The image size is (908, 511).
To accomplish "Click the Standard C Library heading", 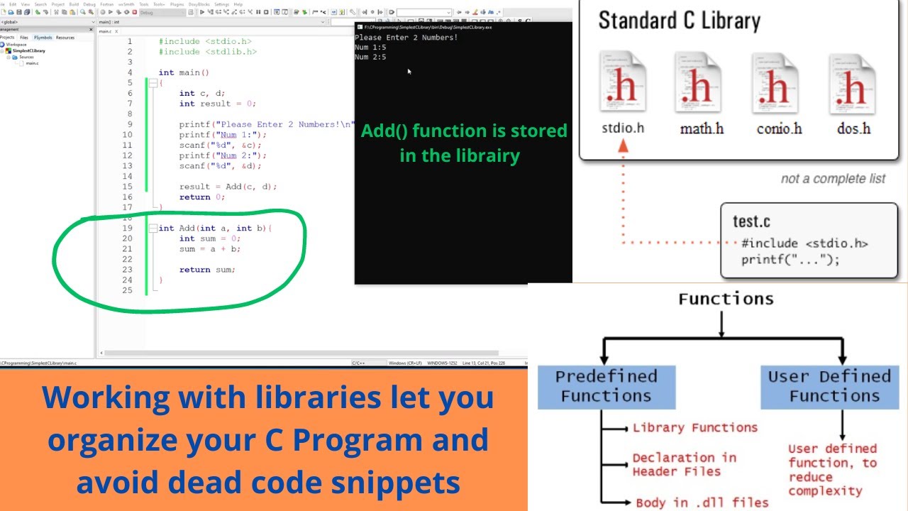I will pos(679,21).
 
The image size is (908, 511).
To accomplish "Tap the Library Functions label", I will pos(694,428).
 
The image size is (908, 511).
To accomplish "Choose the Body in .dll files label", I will pos(702,502).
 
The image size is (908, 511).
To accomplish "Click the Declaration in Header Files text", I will pos(684,464).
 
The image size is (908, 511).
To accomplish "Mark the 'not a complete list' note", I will pos(833,179).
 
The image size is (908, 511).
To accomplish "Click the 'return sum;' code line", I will pos(206,270).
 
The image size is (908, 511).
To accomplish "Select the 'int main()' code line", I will pos(184,72).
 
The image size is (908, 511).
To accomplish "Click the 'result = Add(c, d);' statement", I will pos(228,187).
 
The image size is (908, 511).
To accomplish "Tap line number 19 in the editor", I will pos(127,229).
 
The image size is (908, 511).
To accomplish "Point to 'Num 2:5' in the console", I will pos(370,57).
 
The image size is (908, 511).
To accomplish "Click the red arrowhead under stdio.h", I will pos(623,145).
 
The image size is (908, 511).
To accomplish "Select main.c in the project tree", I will pos(32,64).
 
